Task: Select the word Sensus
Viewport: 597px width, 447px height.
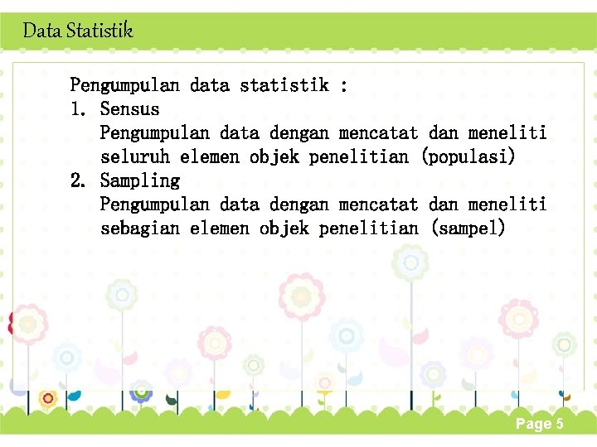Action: point(129,108)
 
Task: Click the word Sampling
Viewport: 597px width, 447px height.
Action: point(139,180)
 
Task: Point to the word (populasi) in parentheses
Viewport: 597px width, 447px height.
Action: point(468,156)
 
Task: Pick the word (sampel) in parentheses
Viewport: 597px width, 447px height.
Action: point(468,228)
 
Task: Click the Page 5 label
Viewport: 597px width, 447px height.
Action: point(539,424)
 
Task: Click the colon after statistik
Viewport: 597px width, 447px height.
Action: point(343,85)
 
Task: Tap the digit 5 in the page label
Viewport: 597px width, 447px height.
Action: point(559,424)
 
